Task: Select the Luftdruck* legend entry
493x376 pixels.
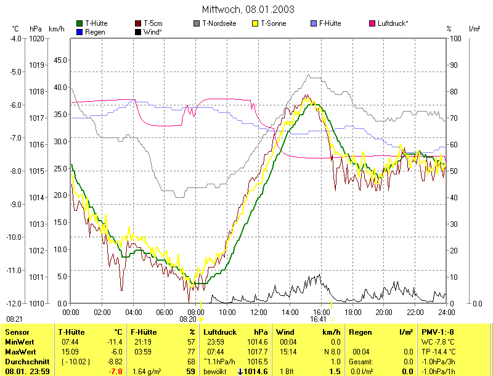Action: coord(393,23)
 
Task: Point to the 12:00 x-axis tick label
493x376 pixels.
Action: coord(259,313)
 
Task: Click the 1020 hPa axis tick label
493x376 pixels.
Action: coord(36,38)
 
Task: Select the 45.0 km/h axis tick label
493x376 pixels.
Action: coord(60,60)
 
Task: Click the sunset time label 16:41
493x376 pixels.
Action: coord(318,319)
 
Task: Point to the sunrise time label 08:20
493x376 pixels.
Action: coord(188,319)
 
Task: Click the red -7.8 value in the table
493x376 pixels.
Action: coord(115,372)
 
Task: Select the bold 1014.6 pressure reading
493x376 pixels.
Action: coord(257,372)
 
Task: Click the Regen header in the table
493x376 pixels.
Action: coord(360,332)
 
